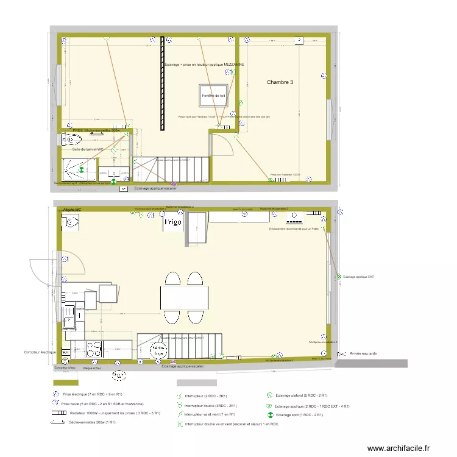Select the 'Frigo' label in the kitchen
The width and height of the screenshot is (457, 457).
[172, 223]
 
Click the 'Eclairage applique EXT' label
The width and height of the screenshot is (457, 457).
[358, 277]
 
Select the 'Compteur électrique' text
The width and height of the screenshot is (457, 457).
[40, 352]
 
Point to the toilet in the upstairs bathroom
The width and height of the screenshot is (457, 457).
[66, 140]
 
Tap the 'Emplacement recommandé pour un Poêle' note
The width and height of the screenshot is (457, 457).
[294, 230]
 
